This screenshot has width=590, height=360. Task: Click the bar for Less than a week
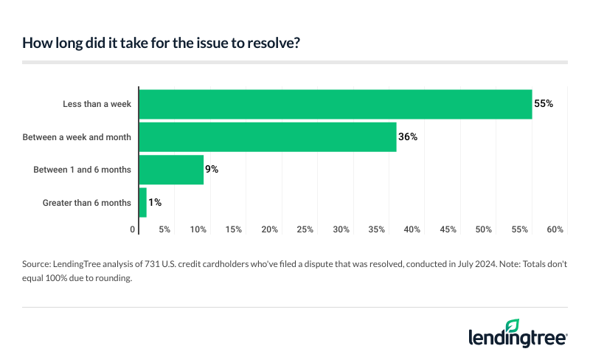point(336,104)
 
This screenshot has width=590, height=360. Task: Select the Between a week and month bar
point(268,136)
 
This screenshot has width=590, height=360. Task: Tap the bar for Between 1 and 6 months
point(171,170)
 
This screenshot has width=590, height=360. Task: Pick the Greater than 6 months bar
point(143,202)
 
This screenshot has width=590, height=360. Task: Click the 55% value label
point(544,104)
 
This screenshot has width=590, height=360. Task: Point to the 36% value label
point(409,136)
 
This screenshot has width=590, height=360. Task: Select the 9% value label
point(212,170)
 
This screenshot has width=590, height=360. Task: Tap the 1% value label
point(155,202)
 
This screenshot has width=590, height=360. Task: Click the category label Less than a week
point(97,104)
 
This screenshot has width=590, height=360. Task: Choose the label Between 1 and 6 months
point(82,170)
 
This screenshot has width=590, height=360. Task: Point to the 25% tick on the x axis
point(305,230)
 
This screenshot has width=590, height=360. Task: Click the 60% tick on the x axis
point(555,230)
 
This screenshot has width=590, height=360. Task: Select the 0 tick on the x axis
point(133,230)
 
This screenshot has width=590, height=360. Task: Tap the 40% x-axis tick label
point(412,230)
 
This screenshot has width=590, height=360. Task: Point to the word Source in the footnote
point(38,263)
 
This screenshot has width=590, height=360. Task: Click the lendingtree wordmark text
point(516,338)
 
